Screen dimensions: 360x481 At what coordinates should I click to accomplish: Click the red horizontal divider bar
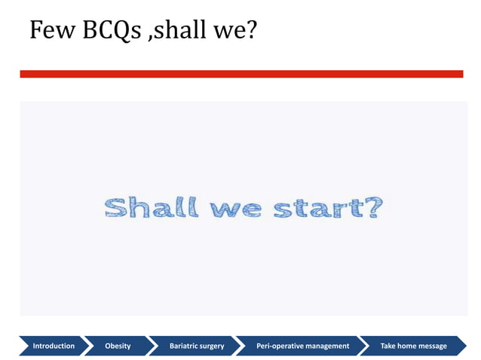click(241, 74)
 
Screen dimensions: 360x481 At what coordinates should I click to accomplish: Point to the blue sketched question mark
click(372, 208)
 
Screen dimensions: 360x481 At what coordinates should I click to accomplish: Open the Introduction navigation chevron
click(53, 346)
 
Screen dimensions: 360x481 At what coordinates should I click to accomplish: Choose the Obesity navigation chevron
click(118, 346)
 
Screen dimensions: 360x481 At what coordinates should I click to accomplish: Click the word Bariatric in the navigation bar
click(184, 346)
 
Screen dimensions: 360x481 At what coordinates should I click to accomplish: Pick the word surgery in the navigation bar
click(211, 346)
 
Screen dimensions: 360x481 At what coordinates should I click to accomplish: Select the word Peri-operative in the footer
click(280, 346)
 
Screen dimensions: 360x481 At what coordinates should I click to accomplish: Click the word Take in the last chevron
click(388, 346)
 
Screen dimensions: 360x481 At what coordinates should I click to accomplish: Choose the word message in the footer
click(434, 346)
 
